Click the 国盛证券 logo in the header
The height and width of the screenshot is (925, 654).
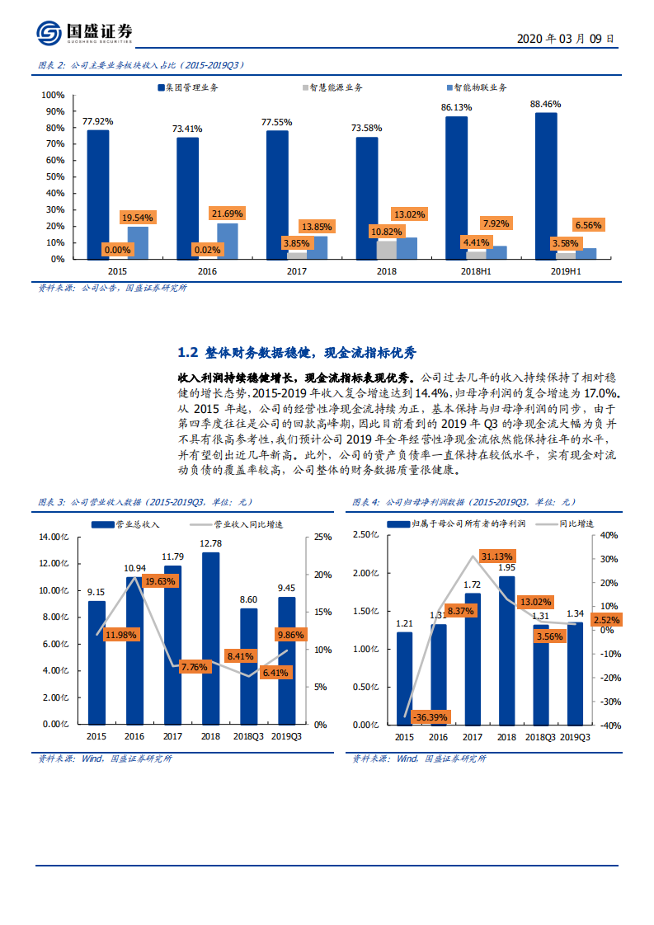(84, 32)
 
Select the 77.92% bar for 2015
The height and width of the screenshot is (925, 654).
(97, 195)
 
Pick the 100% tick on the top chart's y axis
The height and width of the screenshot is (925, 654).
(53, 95)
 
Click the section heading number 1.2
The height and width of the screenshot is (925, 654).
(188, 352)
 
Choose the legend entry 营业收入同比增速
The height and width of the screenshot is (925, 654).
(251, 524)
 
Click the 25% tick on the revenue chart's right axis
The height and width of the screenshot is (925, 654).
(323, 538)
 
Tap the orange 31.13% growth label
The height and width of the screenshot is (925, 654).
(498, 556)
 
